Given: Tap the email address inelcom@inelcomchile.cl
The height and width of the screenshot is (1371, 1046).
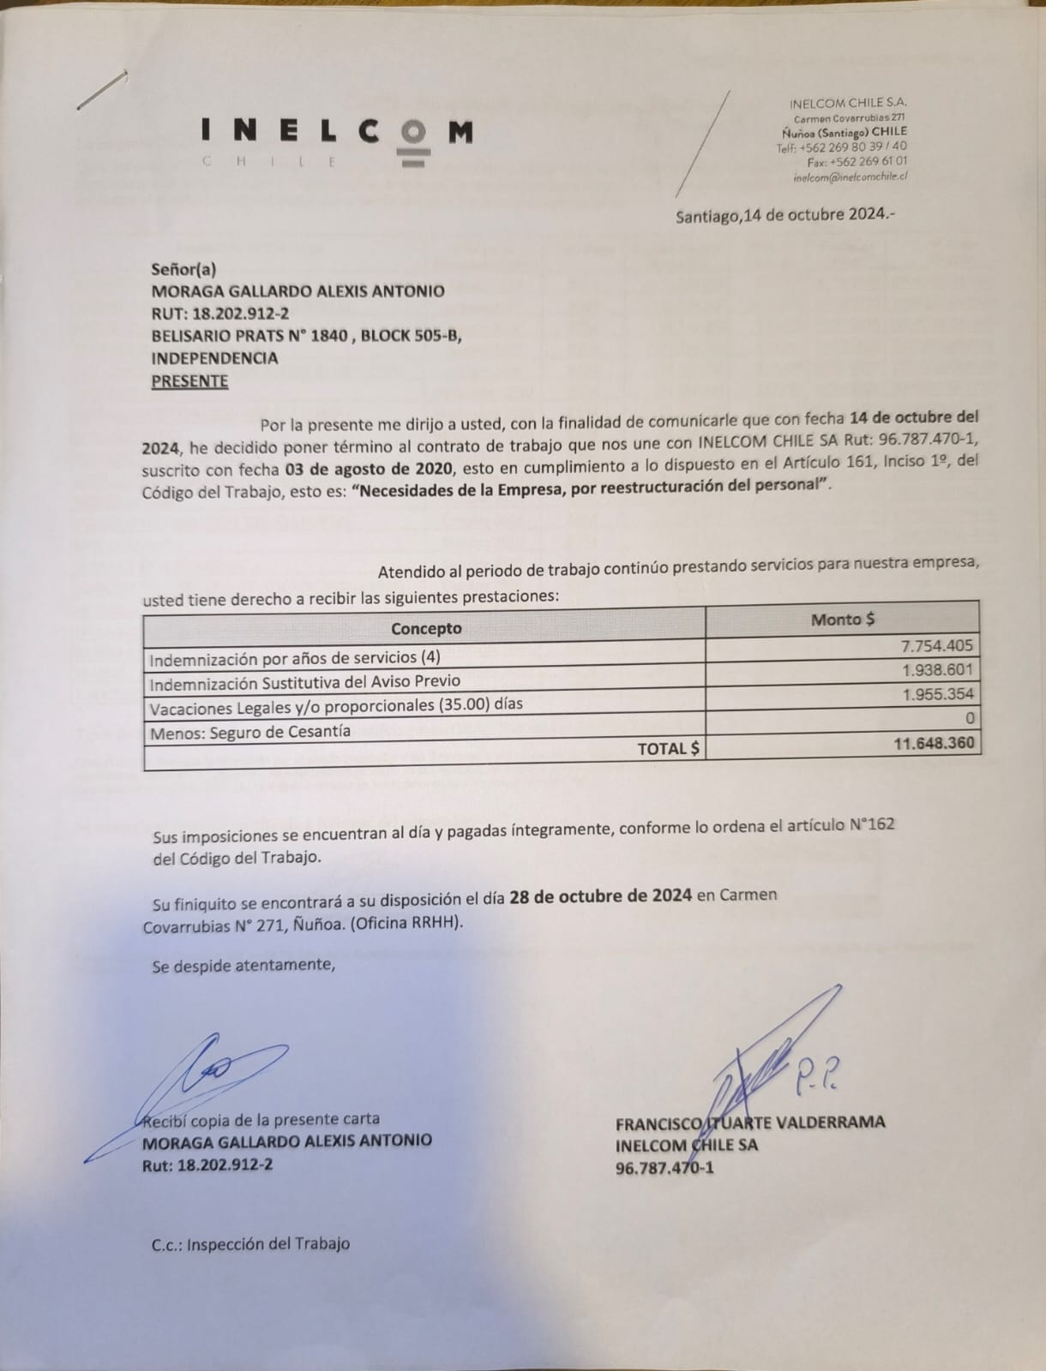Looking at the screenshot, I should pyautogui.click(x=851, y=177).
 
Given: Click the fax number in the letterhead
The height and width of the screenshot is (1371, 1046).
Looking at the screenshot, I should pyautogui.click(x=857, y=161).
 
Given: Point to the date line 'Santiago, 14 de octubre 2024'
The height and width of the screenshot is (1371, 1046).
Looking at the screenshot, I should pyautogui.click(x=784, y=214).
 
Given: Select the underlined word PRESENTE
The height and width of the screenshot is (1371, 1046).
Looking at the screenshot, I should pyautogui.click(x=189, y=381).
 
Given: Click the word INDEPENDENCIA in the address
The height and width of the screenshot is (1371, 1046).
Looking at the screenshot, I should pyautogui.click(x=214, y=358).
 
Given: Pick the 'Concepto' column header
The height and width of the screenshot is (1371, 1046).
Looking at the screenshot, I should pyautogui.click(x=426, y=628).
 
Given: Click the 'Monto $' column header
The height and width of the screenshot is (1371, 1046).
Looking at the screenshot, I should pyautogui.click(x=843, y=619).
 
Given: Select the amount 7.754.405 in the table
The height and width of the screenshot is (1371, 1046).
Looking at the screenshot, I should pyautogui.click(x=937, y=646).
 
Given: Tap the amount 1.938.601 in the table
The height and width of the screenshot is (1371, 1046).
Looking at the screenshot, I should pyautogui.click(x=938, y=670).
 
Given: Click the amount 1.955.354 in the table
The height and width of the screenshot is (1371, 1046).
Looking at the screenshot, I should pyautogui.click(x=938, y=694).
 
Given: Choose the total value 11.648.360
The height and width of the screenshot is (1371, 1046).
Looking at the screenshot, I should pyautogui.click(x=934, y=743).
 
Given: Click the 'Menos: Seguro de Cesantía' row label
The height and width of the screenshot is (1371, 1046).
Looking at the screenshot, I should pyautogui.click(x=250, y=732).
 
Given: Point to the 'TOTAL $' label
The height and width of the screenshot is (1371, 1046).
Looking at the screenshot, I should pyautogui.click(x=668, y=748).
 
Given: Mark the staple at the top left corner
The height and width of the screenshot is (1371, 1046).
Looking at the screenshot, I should pyautogui.click(x=102, y=89).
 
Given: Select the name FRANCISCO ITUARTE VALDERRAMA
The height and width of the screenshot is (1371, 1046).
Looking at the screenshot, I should pyautogui.click(x=750, y=1123).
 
